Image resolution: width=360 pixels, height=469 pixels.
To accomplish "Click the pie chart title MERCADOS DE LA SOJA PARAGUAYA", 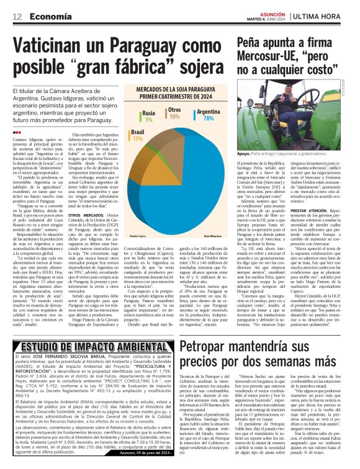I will tap(174, 91).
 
